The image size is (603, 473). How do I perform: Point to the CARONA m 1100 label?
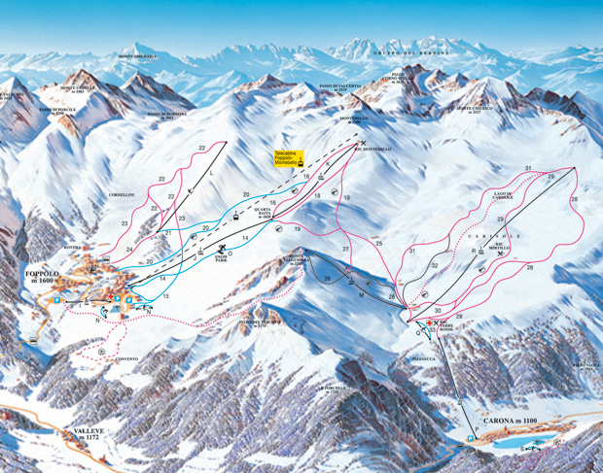[508, 420]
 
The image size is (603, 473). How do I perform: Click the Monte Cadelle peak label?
[81, 87]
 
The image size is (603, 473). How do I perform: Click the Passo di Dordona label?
[167, 116]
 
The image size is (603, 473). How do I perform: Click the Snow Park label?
[225, 259]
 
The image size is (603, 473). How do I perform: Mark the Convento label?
[126, 359]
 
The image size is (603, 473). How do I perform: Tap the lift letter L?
[211, 168]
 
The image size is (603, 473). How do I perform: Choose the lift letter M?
[360, 294]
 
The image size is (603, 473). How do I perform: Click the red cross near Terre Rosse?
[425, 321]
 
